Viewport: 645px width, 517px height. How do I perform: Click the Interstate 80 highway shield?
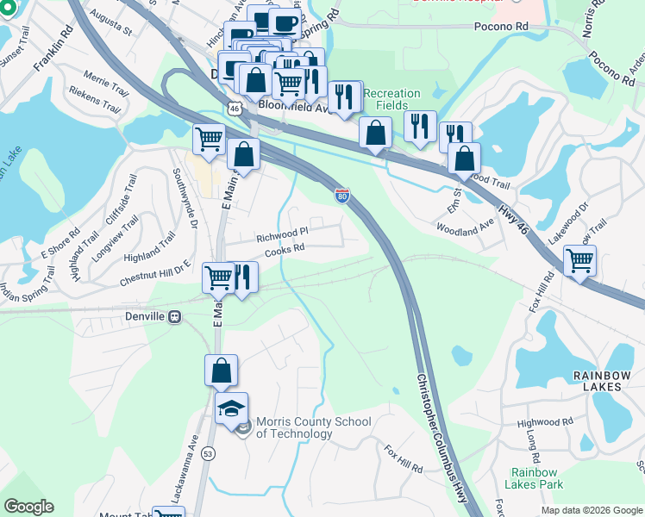tap(342, 196)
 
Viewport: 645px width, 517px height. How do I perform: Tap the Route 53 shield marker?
tap(208, 452)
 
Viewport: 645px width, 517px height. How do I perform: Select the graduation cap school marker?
tap(232, 408)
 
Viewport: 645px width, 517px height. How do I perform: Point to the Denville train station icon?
tap(175, 316)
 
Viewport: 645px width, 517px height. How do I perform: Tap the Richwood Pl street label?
tap(282, 234)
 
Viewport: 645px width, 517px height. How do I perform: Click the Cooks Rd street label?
tap(285, 249)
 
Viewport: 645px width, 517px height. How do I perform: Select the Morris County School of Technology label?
tap(312, 427)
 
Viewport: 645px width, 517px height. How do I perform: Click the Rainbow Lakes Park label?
tap(537, 478)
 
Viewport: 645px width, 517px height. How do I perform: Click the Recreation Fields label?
tap(391, 98)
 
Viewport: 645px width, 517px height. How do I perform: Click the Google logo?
tap(28, 507)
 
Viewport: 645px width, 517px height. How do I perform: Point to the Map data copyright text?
tap(592, 510)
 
